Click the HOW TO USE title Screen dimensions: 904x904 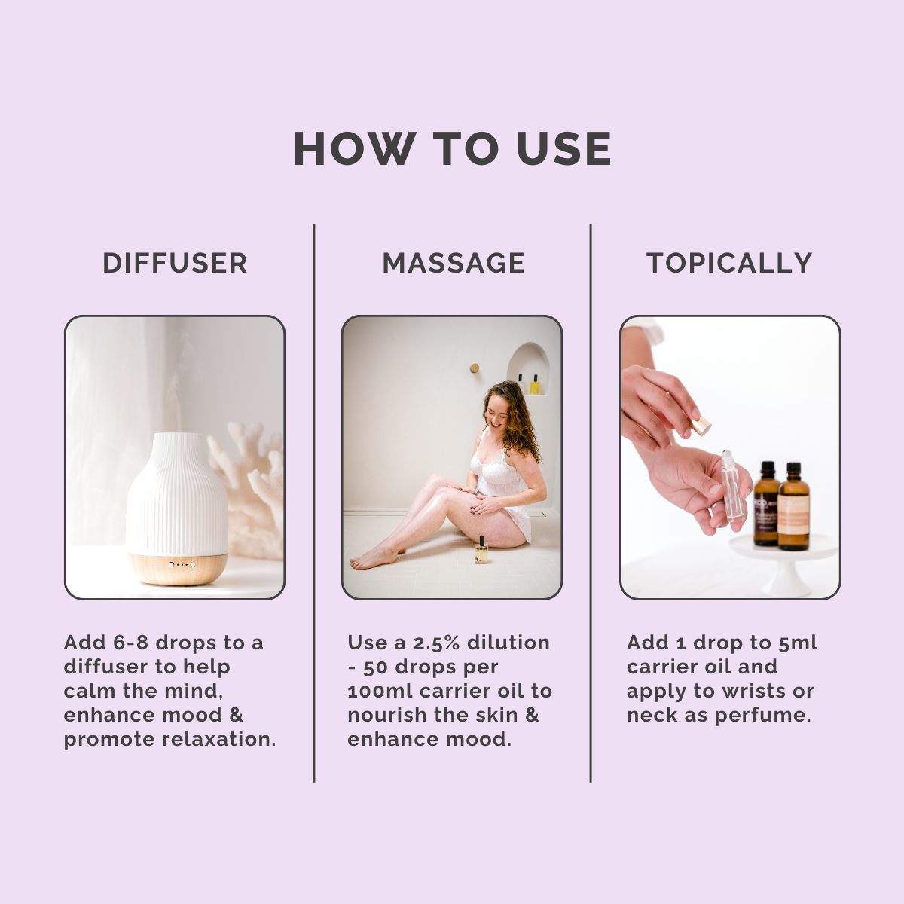tap(452, 148)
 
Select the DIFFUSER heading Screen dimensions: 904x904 tap(175, 263)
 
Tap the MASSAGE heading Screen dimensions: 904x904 tap(454, 263)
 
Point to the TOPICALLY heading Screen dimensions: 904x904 tap(729, 263)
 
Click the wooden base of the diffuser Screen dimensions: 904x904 tap(178, 569)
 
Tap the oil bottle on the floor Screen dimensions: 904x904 tap(480, 551)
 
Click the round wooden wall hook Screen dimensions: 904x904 tap(475, 368)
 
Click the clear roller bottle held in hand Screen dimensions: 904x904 tap(732, 486)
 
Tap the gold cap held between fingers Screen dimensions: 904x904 tap(701, 426)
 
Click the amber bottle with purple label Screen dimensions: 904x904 tap(766, 505)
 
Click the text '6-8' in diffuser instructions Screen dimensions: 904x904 tap(131, 643)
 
